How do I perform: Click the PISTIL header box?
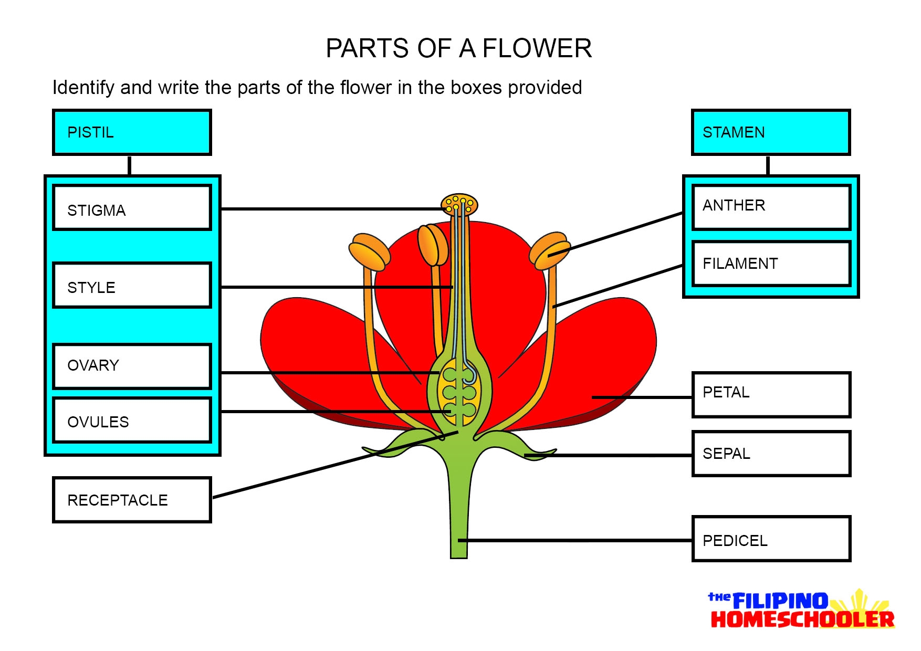132,132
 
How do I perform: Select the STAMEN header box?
770,132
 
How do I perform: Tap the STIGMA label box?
132,207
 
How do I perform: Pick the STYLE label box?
132,285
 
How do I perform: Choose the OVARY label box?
132,366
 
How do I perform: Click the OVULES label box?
132,420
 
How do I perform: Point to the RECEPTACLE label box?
132,500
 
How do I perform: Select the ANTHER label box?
770,207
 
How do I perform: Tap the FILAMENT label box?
770,264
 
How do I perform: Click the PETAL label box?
770,395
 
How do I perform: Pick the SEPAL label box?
770,454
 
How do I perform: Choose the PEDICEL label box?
770,539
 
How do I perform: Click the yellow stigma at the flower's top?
459,205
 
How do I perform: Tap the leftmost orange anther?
370,251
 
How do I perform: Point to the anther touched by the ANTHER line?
549,250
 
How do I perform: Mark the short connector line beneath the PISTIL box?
129,165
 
